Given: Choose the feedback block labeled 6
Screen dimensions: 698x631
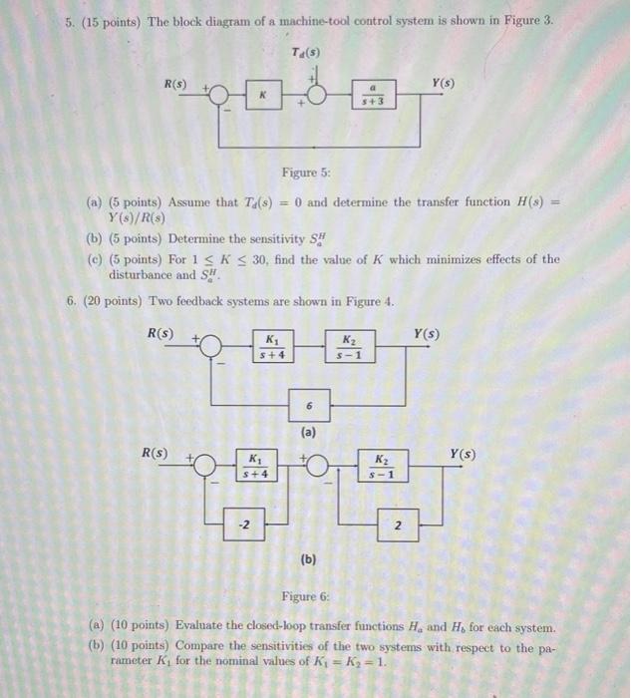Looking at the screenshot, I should coord(310,407).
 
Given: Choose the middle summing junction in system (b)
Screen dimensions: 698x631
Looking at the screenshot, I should coord(317,466).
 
